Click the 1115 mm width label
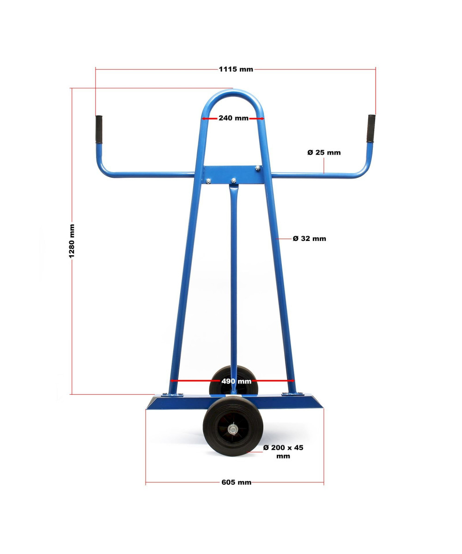click(236, 69)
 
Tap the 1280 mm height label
click(72, 241)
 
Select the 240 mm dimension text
click(233, 118)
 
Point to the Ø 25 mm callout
click(324, 152)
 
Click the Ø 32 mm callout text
click(310, 239)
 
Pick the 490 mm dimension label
click(236, 381)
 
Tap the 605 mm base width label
click(236, 482)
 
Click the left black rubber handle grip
click(99, 129)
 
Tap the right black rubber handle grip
click(371, 128)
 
